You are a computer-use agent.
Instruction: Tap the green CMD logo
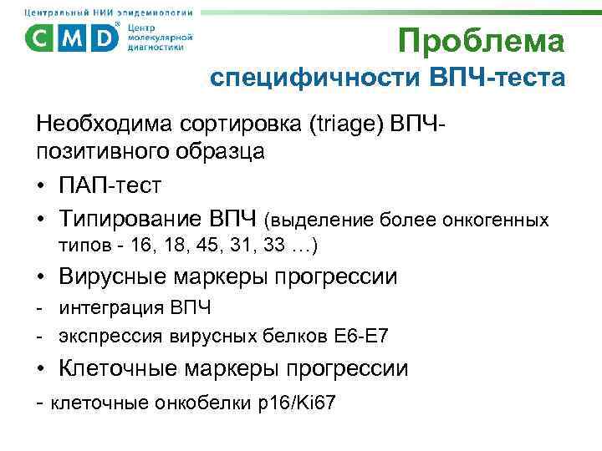pos(73,38)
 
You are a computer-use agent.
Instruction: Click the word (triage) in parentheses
pos(344,126)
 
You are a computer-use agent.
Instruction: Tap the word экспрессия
pos(106,337)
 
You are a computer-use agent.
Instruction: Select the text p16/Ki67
pos(298,403)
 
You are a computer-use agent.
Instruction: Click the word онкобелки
pos(202,403)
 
